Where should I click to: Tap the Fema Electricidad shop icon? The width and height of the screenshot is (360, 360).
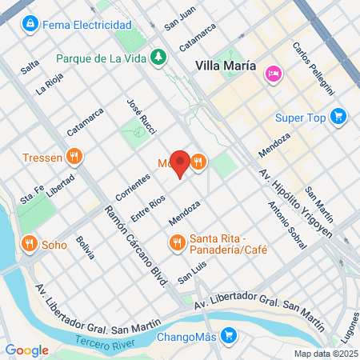click(30, 25)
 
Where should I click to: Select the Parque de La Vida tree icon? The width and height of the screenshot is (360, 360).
click(159, 57)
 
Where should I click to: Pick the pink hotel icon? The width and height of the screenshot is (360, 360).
click(273, 72)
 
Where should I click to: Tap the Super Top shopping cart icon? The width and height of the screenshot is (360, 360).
click(339, 117)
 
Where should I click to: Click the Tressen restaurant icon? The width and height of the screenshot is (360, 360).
click(74, 157)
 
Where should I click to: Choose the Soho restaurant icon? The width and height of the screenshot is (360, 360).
click(29, 242)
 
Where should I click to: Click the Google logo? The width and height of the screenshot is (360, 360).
click(26, 350)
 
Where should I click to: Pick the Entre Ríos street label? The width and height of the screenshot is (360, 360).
click(148, 206)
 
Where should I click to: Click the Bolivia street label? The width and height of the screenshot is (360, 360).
click(85, 247)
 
